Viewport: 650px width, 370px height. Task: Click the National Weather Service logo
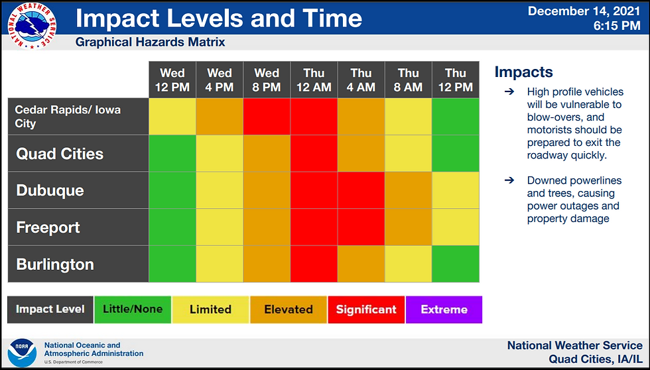32,26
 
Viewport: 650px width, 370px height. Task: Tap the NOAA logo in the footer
23,353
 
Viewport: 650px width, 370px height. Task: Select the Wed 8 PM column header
267,80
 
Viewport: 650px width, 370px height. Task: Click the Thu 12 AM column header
314,80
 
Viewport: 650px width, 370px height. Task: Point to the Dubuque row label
50,190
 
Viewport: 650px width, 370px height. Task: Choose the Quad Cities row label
60,154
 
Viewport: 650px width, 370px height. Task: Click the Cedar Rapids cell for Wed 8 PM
267,117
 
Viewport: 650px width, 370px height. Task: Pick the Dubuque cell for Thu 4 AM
361,190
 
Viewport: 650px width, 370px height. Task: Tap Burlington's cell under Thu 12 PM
456,264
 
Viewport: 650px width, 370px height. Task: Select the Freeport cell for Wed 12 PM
172,227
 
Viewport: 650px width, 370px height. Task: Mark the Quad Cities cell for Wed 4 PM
220,153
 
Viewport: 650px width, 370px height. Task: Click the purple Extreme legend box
444,310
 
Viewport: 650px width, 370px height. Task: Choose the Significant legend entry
366,310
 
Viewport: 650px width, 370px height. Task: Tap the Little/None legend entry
133,310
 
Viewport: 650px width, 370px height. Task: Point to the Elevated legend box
289,310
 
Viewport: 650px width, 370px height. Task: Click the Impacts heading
523,72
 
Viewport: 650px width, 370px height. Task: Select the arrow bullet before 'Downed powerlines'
509,180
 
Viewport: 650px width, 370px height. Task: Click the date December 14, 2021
584,11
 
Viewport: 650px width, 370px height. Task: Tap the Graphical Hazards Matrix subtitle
150,42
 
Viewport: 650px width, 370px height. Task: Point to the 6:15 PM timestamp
617,26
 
